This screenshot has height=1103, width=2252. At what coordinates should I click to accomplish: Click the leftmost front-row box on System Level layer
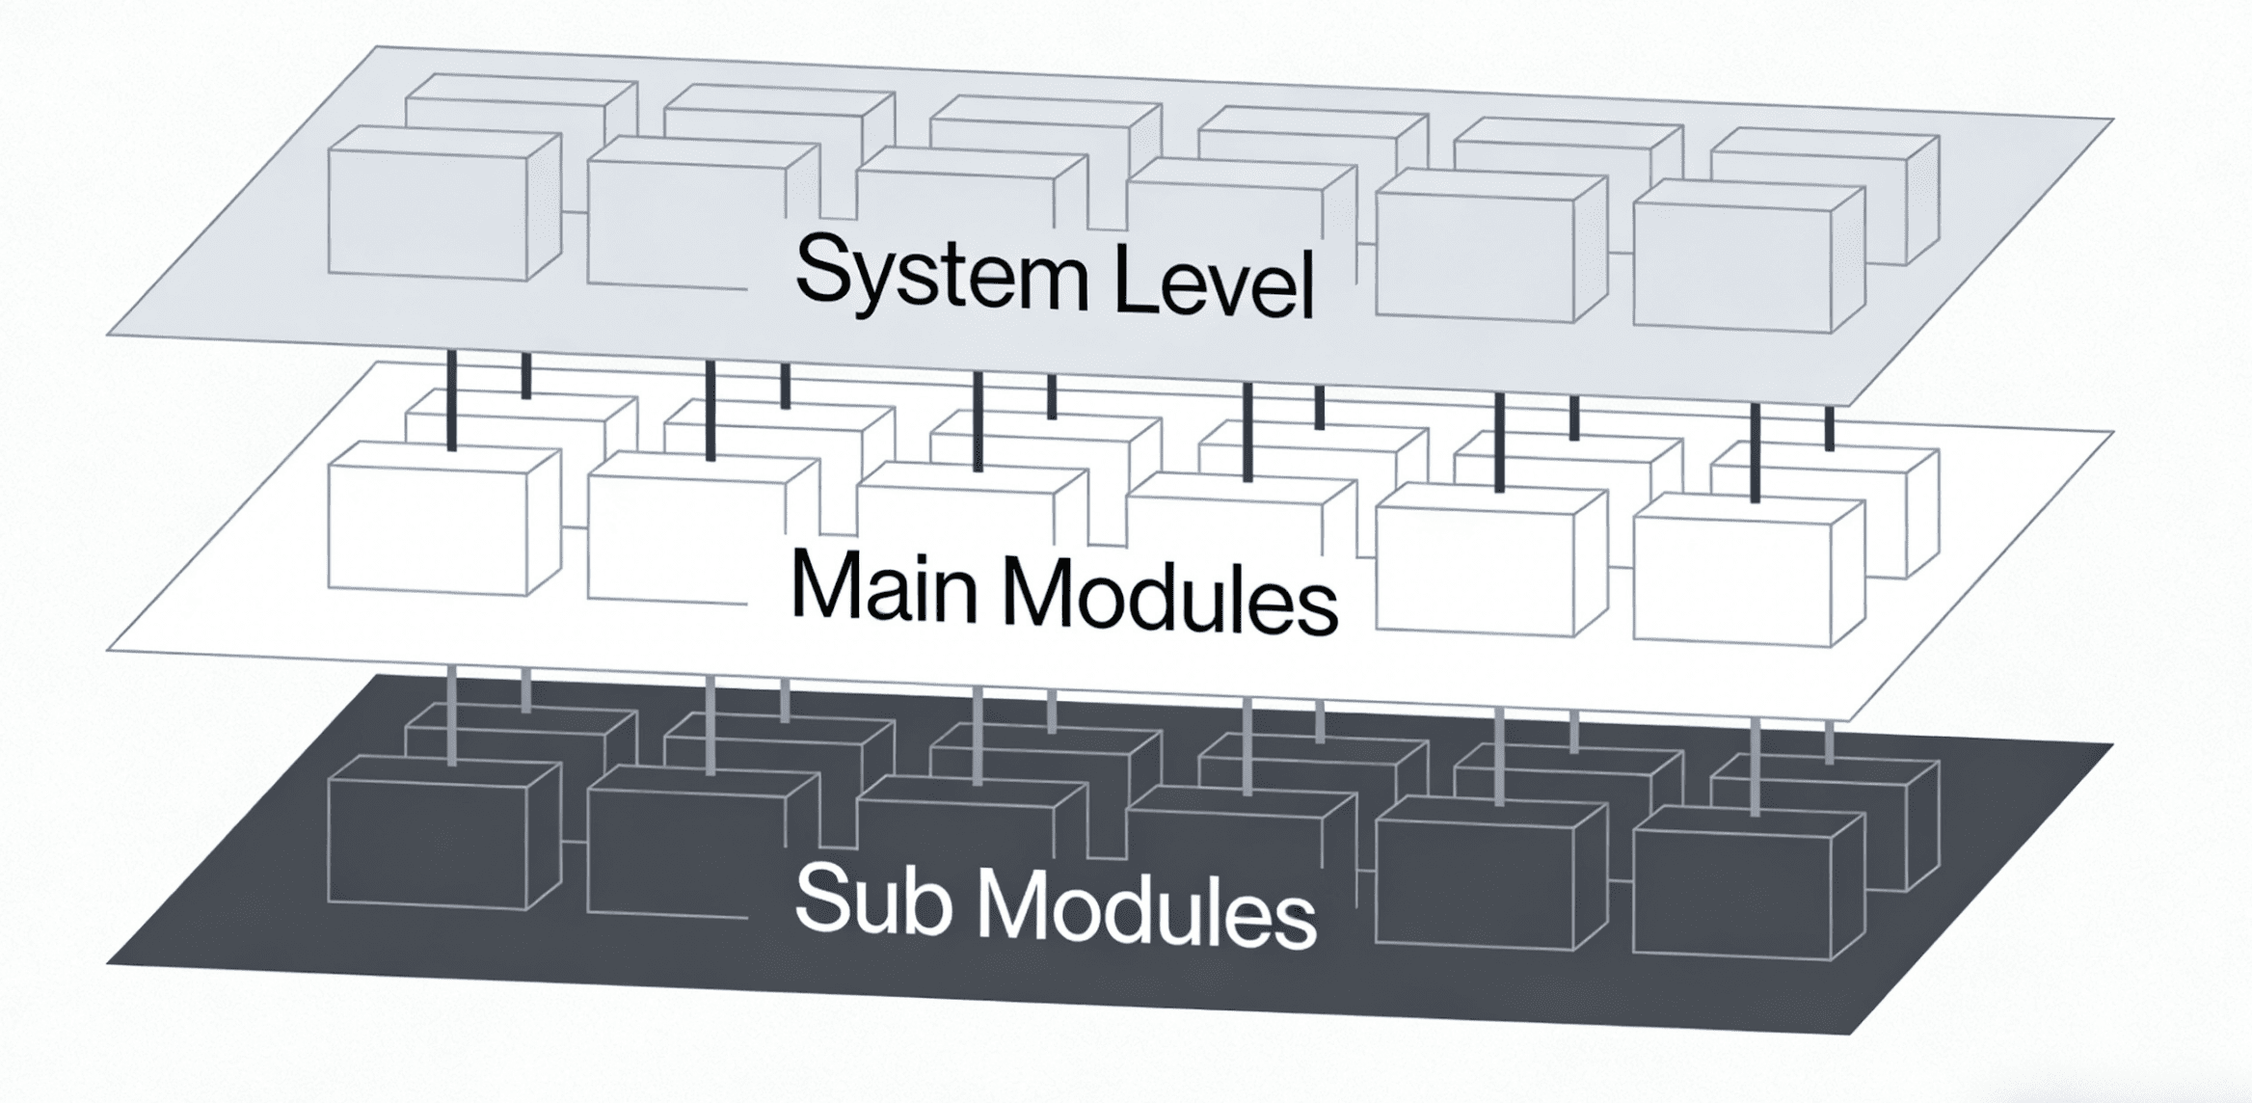[x=444, y=203]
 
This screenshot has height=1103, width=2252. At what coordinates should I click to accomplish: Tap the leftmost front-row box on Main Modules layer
[x=444, y=519]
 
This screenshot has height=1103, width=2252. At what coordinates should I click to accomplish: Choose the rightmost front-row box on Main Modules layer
[x=1749, y=571]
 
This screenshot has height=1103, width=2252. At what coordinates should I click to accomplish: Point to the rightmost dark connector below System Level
[x=1830, y=429]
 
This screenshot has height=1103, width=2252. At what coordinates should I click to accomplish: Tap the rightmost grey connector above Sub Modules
[x=1830, y=743]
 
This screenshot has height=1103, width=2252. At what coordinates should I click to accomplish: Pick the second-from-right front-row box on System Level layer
[x=1491, y=245]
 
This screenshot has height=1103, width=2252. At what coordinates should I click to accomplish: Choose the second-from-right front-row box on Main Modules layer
[x=1491, y=560]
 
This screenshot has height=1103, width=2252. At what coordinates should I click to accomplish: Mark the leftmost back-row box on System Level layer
[x=522, y=107]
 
